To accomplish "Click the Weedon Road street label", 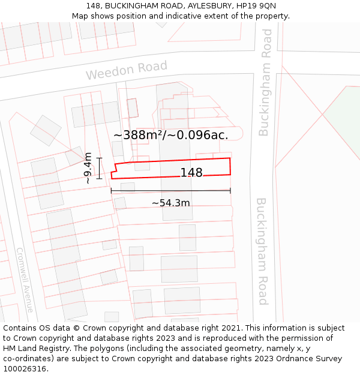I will tap(126, 70).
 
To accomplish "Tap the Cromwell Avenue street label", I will tap(25, 280).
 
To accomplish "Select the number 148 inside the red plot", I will tap(191, 173).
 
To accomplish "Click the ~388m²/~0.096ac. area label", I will tap(171, 135).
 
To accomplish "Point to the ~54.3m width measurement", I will tap(171, 203).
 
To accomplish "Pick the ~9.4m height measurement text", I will tap(88, 168).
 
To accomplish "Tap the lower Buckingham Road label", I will tap(263, 251).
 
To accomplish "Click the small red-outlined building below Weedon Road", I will tap(133, 108).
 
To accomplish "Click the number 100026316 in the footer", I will tap(25, 369).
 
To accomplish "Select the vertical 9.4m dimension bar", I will tap(100, 168).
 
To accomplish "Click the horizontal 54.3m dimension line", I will tap(171, 191).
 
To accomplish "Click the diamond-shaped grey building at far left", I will tap(46, 130).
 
